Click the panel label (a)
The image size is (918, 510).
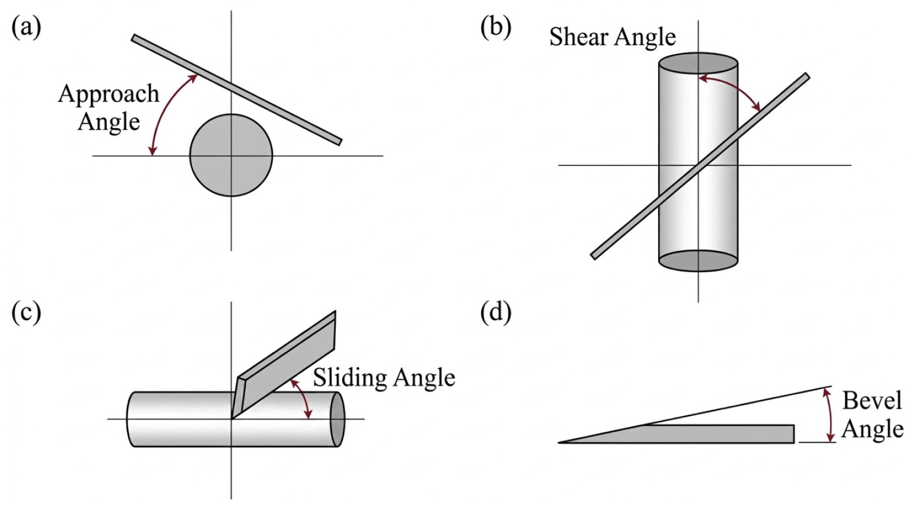tap(27, 28)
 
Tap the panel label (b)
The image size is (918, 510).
tap(496, 28)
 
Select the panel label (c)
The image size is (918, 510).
tap(27, 313)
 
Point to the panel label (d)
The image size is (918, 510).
tap(496, 313)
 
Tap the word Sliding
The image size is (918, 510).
tap(347, 378)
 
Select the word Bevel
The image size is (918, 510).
tap(872, 400)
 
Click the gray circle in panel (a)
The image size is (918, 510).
tap(231, 155)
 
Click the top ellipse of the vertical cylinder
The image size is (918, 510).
tap(698, 63)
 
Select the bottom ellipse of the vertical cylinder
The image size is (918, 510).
tap(698, 260)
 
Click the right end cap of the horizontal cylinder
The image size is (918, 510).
tap(338, 419)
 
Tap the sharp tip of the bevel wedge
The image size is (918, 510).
tap(559, 442)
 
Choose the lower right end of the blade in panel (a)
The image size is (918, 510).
tap(340, 142)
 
